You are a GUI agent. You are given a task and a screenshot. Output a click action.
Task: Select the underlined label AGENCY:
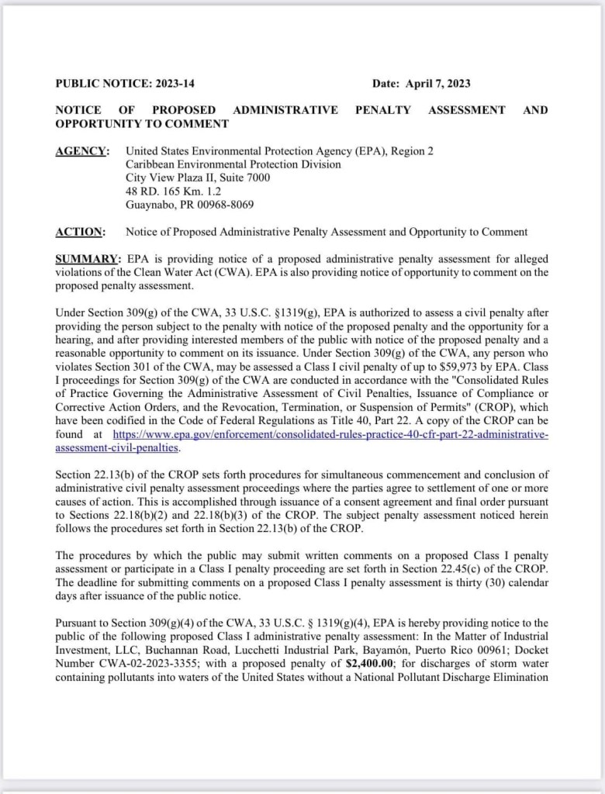(81, 151)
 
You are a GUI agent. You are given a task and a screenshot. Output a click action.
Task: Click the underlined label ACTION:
(80, 232)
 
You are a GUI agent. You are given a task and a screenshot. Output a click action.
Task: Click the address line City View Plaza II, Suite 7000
(198, 178)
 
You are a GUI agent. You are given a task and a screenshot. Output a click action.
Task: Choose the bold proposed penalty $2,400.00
(370, 664)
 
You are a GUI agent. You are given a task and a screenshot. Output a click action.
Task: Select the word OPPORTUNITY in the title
(95, 124)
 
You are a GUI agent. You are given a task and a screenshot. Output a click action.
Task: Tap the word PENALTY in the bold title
(382, 110)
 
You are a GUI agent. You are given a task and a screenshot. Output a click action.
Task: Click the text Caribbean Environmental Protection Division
(233, 164)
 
